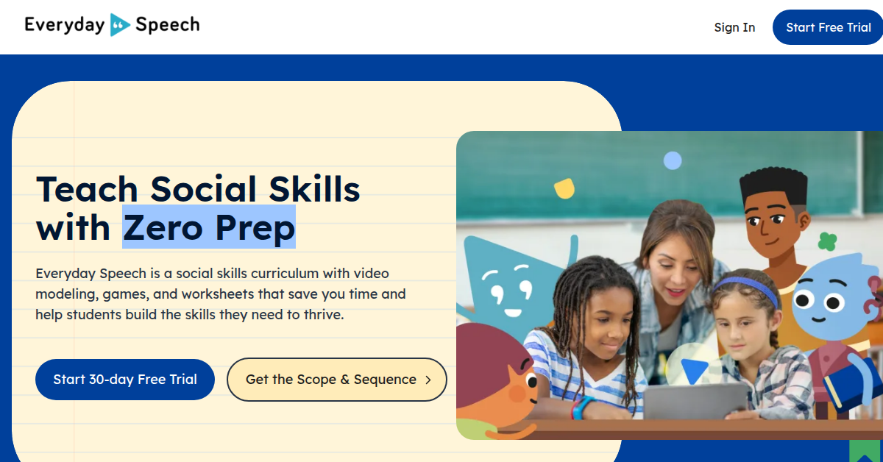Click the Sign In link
pos(734,27)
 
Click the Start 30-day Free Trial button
pos(125,379)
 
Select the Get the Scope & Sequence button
pos(337,379)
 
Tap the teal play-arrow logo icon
pos(120,25)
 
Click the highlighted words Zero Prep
pos(209,227)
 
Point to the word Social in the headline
pos(203,189)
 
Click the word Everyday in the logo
pos(65,25)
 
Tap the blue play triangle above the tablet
pos(694,371)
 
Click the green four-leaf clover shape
pos(827,241)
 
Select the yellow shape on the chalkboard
pos(564,188)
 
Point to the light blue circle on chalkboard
pos(673,160)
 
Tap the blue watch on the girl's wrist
pos(581,408)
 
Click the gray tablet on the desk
pos(696,401)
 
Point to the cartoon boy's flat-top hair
pos(773,185)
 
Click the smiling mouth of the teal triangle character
pos(513,313)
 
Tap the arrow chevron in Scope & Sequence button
pos(428,380)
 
